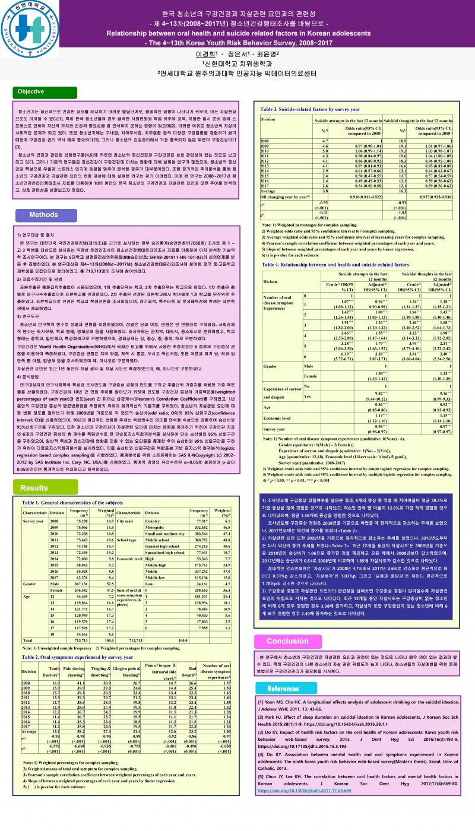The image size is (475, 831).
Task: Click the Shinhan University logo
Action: [x=29, y=29]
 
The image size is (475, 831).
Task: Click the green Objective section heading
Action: [x=30, y=92]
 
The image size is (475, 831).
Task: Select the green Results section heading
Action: [x=34, y=488]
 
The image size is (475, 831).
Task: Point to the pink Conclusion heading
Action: [x=287, y=641]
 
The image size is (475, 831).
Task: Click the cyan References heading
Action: [x=283, y=689]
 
